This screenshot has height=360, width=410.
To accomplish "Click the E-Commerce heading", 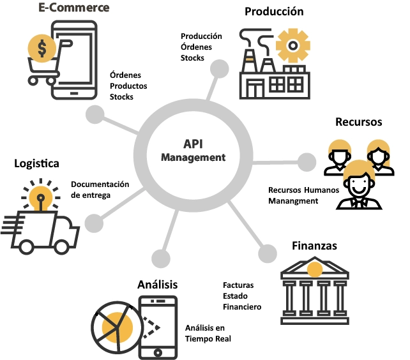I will (74, 8).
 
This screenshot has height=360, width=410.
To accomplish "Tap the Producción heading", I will (274, 11).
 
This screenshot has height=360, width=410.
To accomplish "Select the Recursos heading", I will (359, 121).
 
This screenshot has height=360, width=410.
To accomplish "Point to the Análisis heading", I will (157, 284).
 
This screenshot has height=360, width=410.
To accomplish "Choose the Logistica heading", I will (36, 163).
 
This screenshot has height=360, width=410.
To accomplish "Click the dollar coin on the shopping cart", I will (42, 48).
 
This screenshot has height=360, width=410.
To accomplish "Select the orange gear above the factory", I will (293, 45).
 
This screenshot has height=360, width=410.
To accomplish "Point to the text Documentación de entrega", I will (100, 190).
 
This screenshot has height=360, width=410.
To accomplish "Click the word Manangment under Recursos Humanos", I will (293, 201).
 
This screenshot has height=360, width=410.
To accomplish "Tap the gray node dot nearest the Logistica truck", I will (94, 223).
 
